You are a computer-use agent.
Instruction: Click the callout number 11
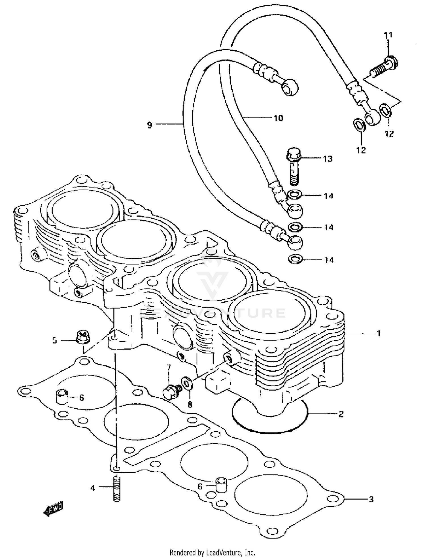388,35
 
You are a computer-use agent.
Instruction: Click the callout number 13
328,159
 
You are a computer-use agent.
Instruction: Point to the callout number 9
150,125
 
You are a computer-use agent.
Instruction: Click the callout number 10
278,118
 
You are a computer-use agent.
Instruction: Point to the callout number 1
378,333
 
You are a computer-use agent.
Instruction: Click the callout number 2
341,414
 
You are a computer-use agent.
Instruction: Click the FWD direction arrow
54,508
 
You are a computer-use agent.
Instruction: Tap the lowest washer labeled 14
295,259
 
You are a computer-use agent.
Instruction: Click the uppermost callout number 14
328,196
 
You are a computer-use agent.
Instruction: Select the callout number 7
169,368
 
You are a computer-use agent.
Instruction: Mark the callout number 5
55,340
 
